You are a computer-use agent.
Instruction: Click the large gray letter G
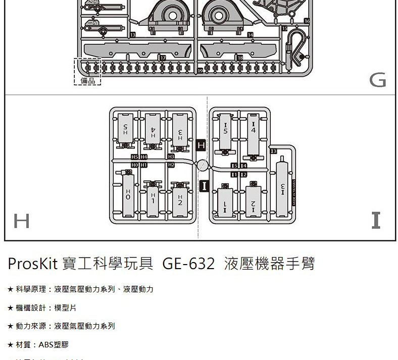pos(377,80)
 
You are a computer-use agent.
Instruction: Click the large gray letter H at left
pos(21,221)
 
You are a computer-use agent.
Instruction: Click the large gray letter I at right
pos(375,221)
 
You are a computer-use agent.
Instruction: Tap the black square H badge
pos(201,145)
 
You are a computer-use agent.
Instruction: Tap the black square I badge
pos(204,185)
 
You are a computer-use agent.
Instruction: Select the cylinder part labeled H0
pos(128,195)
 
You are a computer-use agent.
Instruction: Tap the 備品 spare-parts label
pos(87,81)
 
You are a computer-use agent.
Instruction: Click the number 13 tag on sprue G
pos(132,34)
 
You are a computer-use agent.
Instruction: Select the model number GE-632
pos(188,264)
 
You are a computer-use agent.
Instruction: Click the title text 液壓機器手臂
pos(269,264)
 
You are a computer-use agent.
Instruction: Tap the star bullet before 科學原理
pos(10,290)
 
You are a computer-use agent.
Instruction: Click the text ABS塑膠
pos(54,345)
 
